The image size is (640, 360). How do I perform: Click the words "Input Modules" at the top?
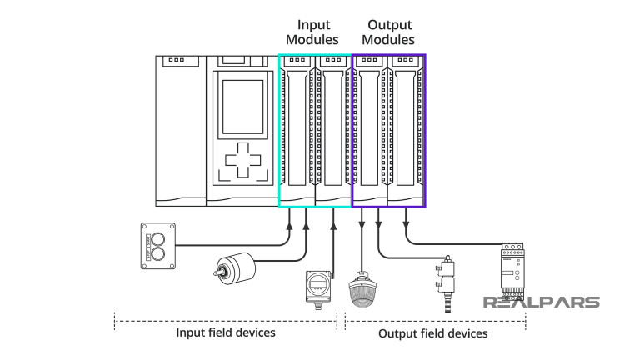coord(312,32)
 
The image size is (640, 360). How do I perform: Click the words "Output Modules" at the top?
coord(390,32)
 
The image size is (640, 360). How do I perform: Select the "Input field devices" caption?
coord(225,332)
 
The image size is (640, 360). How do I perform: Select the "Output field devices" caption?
coord(433,333)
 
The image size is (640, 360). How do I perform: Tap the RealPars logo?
coord(542,302)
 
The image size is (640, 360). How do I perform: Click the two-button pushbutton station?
coord(158,245)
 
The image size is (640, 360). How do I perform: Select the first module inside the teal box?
coord(297,129)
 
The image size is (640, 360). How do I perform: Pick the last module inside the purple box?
coord(407,129)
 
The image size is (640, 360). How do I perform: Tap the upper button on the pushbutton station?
coord(158,237)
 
